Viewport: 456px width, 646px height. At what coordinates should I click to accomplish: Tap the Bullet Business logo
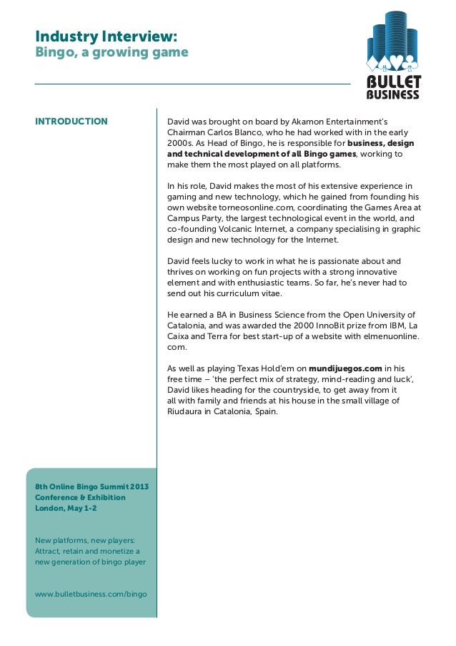tap(393, 55)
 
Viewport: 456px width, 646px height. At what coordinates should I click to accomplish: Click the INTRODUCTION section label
tap(71, 121)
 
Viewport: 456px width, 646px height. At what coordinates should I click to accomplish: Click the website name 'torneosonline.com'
tap(243, 207)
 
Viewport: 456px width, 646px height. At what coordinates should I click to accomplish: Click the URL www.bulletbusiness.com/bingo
tap(91, 594)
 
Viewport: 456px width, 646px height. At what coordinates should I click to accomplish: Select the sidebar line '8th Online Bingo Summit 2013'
tap(91, 486)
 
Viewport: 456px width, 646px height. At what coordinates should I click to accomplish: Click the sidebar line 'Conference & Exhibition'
tap(80, 497)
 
